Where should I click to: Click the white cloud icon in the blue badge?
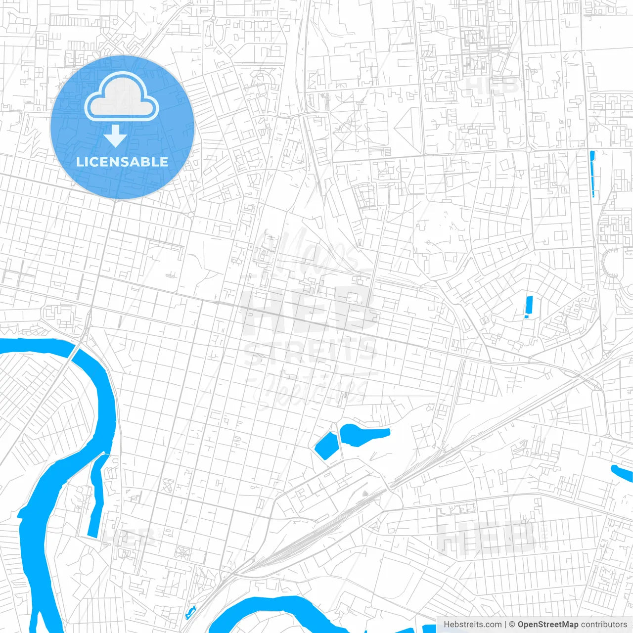(x=121, y=97)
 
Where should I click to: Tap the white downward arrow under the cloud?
(x=116, y=136)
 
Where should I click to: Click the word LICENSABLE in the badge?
(x=122, y=162)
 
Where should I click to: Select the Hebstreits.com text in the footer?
(x=472, y=625)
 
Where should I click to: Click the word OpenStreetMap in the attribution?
(x=547, y=625)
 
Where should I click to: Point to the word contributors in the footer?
(x=604, y=625)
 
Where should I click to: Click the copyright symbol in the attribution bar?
(x=512, y=625)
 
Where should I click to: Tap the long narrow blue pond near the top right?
(x=593, y=174)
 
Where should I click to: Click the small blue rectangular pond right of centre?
(x=528, y=306)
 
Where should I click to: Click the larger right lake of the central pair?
(x=361, y=434)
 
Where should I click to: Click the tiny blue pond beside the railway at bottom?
(x=190, y=613)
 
